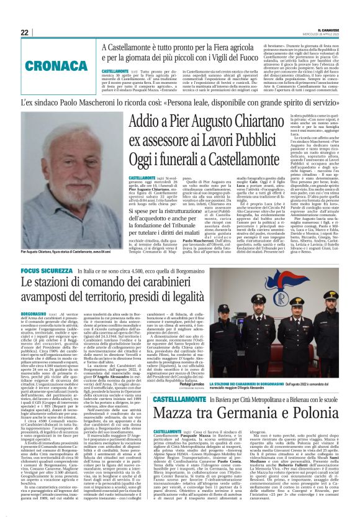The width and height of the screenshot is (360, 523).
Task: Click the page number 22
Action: pos(24,32)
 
